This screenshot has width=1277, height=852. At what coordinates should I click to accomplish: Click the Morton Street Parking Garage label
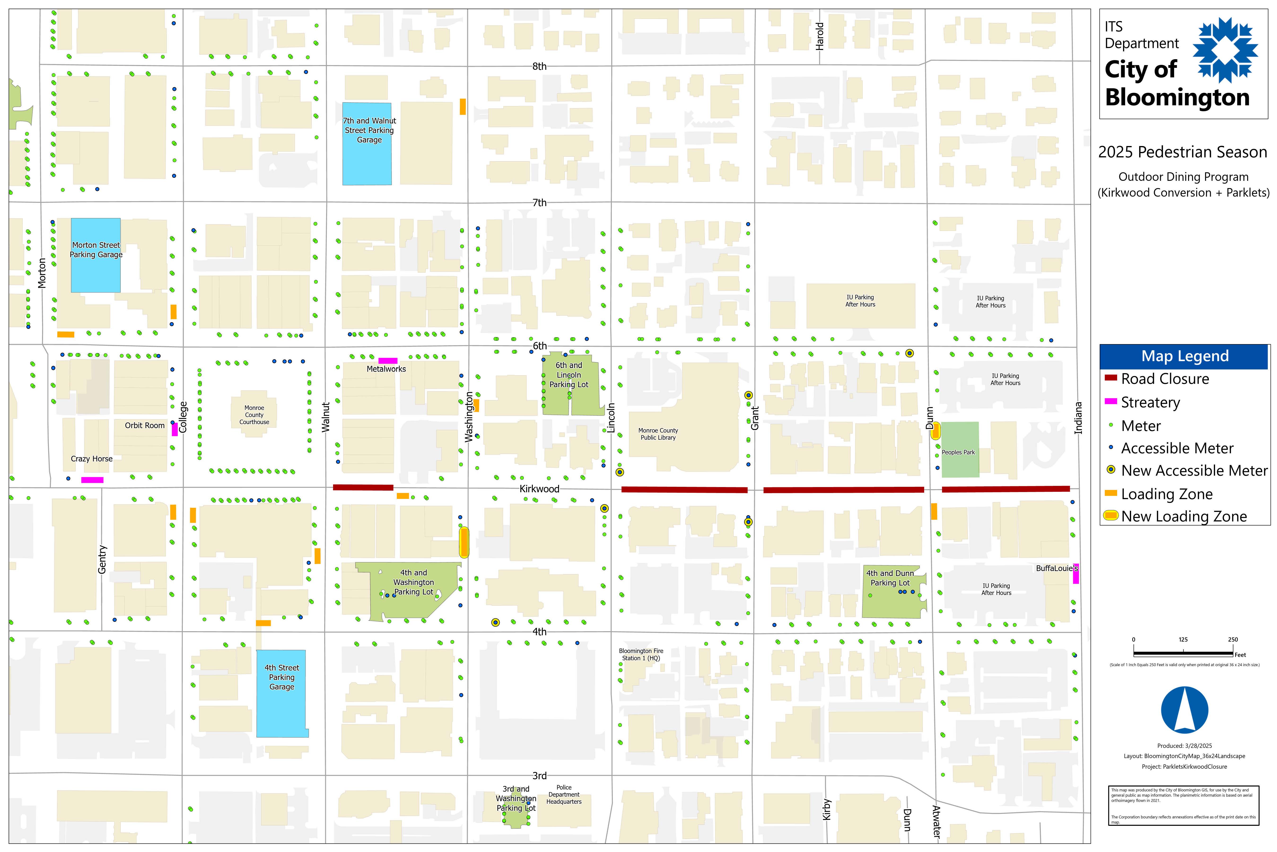[x=96, y=250]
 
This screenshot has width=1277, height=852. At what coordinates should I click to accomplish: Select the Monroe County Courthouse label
[x=254, y=415]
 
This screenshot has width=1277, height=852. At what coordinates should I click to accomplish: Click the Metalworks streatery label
[x=386, y=369]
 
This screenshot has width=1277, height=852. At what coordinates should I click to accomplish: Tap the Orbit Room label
[x=144, y=426]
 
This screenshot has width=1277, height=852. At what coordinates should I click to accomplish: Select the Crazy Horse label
[x=92, y=459]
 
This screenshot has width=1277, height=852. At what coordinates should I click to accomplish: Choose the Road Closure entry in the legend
[x=1165, y=379]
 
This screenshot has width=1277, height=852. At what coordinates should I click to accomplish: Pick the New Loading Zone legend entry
[x=1184, y=516]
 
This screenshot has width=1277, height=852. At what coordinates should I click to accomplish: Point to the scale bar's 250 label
[x=1233, y=639]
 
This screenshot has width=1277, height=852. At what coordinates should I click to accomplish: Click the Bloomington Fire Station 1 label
[x=641, y=654]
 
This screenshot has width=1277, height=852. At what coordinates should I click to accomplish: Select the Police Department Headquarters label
[x=564, y=794]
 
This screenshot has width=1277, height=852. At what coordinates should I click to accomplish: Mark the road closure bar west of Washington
[x=363, y=487]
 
